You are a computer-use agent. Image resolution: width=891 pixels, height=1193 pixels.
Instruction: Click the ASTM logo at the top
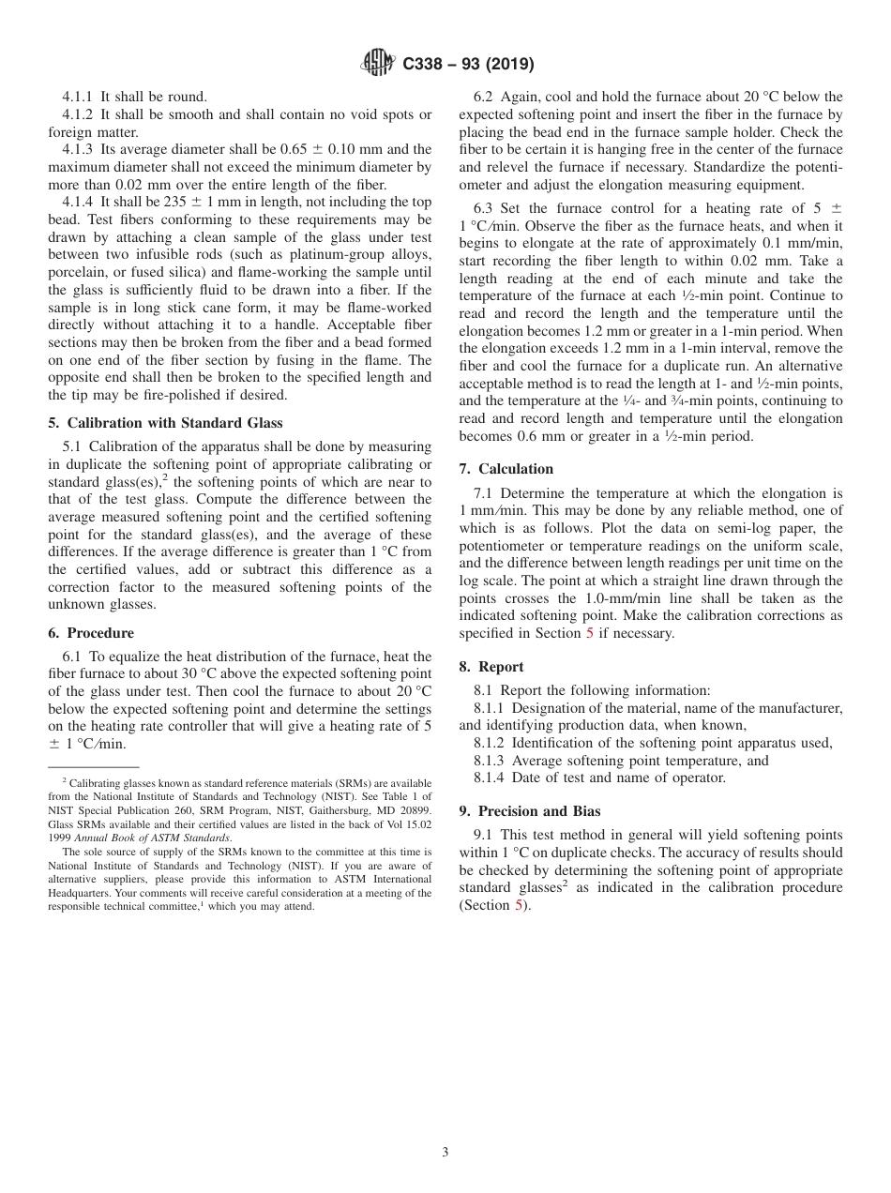[378, 64]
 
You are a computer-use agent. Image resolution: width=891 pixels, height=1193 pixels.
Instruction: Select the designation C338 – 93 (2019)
[468, 65]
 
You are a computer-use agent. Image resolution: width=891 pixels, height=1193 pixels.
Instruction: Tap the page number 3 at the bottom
[445, 1152]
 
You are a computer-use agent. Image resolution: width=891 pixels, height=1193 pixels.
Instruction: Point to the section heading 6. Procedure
[98, 633]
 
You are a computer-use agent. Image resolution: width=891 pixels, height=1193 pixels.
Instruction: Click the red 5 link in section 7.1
[589, 633]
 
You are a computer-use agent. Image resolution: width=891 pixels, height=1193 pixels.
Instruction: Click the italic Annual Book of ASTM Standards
[152, 837]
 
